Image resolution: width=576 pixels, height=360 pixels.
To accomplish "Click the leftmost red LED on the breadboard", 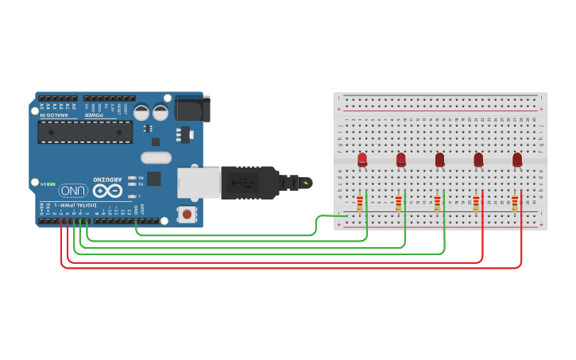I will click(x=362, y=160).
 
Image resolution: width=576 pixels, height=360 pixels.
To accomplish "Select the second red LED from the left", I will click(x=401, y=160).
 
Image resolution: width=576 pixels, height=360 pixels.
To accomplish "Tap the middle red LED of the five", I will click(x=439, y=160).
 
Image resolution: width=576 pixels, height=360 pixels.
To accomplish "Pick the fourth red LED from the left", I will click(x=478, y=160).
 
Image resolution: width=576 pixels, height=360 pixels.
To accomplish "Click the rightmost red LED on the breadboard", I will click(x=517, y=160).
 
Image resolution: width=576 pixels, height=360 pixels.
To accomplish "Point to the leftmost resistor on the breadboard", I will click(x=360, y=203).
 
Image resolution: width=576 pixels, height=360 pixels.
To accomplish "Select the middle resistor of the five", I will click(x=437, y=203).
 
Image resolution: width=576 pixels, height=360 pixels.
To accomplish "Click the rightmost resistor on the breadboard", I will click(x=515, y=203).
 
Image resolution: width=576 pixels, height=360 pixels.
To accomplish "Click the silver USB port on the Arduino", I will click(x=198, y=183).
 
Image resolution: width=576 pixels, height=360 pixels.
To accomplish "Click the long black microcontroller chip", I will click(x=85, y=132).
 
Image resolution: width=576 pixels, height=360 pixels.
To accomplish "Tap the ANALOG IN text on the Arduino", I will click(x=54, y=115).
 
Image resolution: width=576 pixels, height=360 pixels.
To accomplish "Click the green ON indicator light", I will click(x=51, y=184).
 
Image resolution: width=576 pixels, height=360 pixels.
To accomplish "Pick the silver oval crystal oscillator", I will click(x=157, y=157).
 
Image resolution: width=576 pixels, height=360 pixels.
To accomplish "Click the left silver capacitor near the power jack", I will click(x=141, y=112).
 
